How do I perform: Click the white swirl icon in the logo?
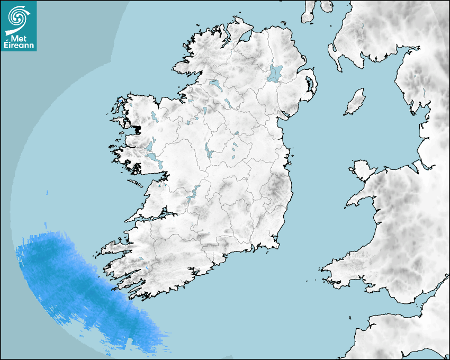(18, 17)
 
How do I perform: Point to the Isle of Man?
(355, 102)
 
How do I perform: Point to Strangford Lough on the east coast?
(309, 84)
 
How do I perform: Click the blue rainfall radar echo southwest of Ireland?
(79, 286)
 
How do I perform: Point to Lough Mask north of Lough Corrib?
(150, 145)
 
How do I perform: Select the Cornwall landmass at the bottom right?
(402, 334)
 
